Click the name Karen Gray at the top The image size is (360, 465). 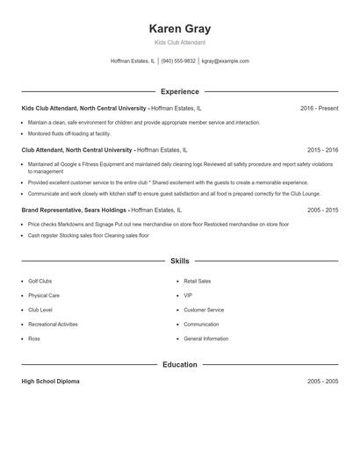[x=180, y=29]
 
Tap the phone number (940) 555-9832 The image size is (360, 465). [x=178, y=61]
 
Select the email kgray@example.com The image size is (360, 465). [x=226, y=61]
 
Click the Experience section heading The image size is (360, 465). [x=180, y=91]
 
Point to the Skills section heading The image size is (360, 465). [x=180, y=261]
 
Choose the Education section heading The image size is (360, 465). [x=180, y=364]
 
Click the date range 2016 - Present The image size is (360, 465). [x=319, y=108]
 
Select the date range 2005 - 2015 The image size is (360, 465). [x=322, y=211]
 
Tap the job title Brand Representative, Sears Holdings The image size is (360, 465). [x=74, y=211]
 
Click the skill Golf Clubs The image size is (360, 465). [x=41, y=282]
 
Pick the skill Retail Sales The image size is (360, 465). [x=197, y=282]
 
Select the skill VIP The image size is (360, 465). [x=187, y=296]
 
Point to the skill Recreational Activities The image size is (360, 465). [x=53, y=324]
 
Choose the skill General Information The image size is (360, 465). [x=205, y=339]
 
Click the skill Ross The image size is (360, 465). [x=34, y=339]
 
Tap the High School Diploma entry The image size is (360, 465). [x=51, y=382]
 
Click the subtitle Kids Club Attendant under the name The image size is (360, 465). [x=180, y=43]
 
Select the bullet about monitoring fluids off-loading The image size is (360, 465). [x=69, y=133]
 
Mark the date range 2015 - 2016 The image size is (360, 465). [x=322, y=150]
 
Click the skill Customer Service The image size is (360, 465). [x=203, y=310]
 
